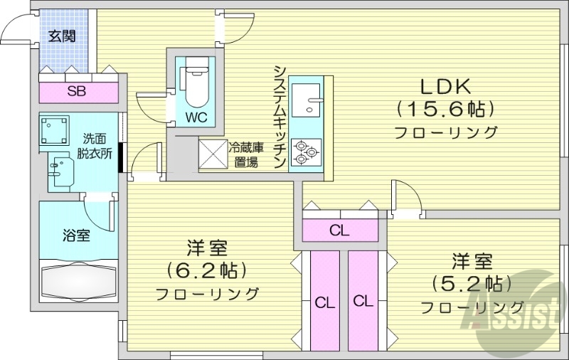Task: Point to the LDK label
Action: coord(445,87)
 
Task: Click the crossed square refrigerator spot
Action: coord(211,152)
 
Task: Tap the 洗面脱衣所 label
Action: coord(96,144)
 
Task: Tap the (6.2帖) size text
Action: coord(206,270)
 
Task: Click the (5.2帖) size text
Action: coord(471,282)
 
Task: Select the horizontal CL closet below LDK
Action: coord(340,230)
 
